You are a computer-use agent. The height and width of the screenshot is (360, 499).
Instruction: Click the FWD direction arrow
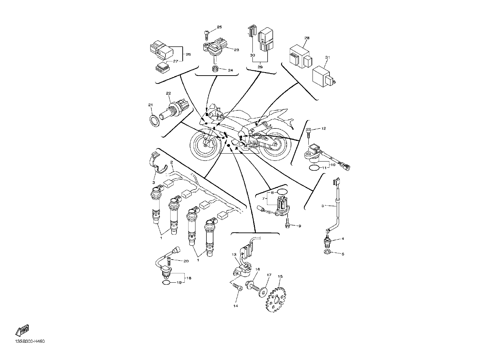[22, 330]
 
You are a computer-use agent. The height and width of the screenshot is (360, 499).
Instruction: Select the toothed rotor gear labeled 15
[275, 300]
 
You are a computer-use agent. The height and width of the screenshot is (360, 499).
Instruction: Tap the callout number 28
[307, 38]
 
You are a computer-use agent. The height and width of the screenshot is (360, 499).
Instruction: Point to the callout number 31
[327, 57]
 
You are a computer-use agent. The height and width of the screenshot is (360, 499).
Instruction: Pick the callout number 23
[236, 50]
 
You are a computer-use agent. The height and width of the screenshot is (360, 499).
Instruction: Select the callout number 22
[168, 93]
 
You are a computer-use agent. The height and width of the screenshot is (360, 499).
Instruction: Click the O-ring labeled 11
[314, 168]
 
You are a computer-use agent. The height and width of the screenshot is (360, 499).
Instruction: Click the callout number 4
[343, 239]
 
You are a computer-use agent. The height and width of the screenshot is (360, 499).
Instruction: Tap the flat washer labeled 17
[263, 291]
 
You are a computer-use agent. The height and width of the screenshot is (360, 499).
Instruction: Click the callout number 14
[236, 306]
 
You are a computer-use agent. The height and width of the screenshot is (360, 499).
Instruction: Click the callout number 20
[186, 261]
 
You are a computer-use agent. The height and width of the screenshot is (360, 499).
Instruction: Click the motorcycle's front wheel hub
[205, 145]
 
